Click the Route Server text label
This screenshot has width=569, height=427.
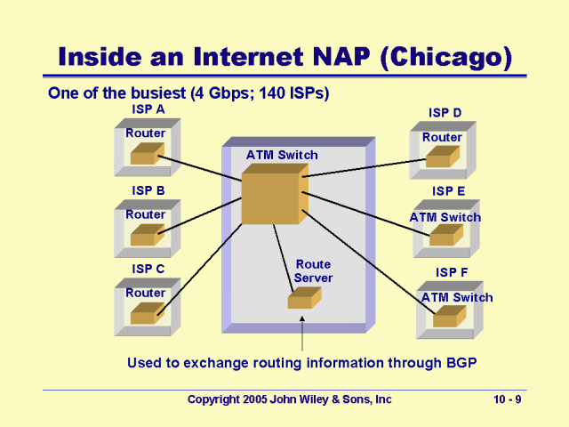tap(314, 271)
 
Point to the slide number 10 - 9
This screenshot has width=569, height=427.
tap(508, 400)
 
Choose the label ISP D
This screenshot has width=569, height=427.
tap(445, 113)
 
